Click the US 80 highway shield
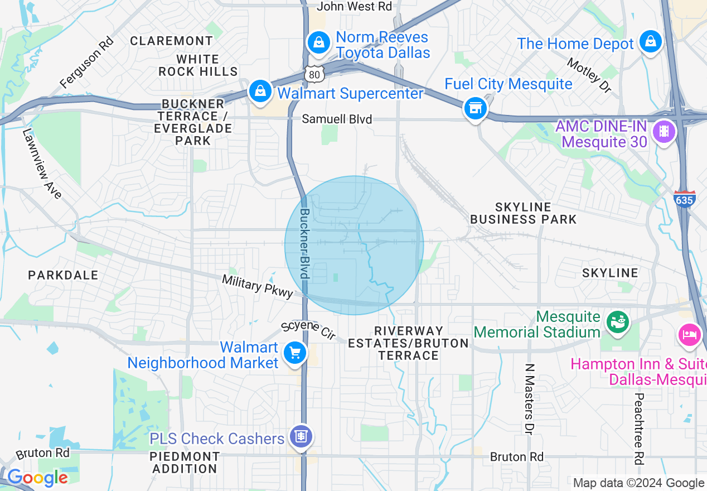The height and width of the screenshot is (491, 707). coord(314,74)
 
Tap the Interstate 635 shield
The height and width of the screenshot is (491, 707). coord(684,199)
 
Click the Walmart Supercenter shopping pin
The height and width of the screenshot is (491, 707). coord(260,90)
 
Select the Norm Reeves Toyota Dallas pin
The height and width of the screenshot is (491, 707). coord(318,42)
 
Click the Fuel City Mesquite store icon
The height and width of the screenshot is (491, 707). coord(475,108)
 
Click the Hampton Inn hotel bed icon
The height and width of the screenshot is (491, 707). coord(689,335)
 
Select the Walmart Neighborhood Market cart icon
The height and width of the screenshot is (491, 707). coord(294,353)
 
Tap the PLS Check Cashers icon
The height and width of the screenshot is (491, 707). coord(302,436)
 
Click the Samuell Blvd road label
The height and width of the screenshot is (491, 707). coord(337,119)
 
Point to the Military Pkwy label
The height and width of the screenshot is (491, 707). coord(257,286)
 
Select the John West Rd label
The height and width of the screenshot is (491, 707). coord(355,7)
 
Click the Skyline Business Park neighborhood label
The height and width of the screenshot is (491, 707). coord(523,213)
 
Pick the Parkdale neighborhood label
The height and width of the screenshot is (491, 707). coord(63,275)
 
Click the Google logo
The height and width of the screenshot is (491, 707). coord(37,478)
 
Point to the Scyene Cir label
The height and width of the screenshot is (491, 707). coord(308,330)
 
